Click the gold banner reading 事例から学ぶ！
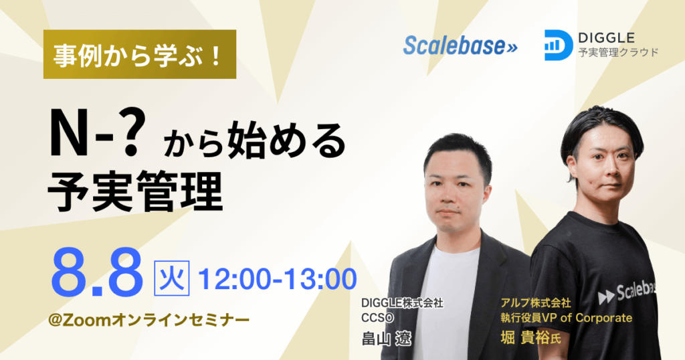pos(140,54)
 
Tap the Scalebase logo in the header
pos(460,45)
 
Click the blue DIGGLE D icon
pos(559,45)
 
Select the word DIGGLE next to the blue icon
pos(606,38)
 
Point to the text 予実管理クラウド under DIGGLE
pos(618,53)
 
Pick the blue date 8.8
pos(97,274)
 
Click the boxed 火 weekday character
pos(172,278)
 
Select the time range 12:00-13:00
pos(278,279)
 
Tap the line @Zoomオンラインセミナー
pos(149,321)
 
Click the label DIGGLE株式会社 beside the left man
pos(402,302)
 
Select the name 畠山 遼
pos(386,338)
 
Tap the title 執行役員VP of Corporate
pos(566,318)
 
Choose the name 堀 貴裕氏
pos(530,338)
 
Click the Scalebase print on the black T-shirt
pos(627,292)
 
